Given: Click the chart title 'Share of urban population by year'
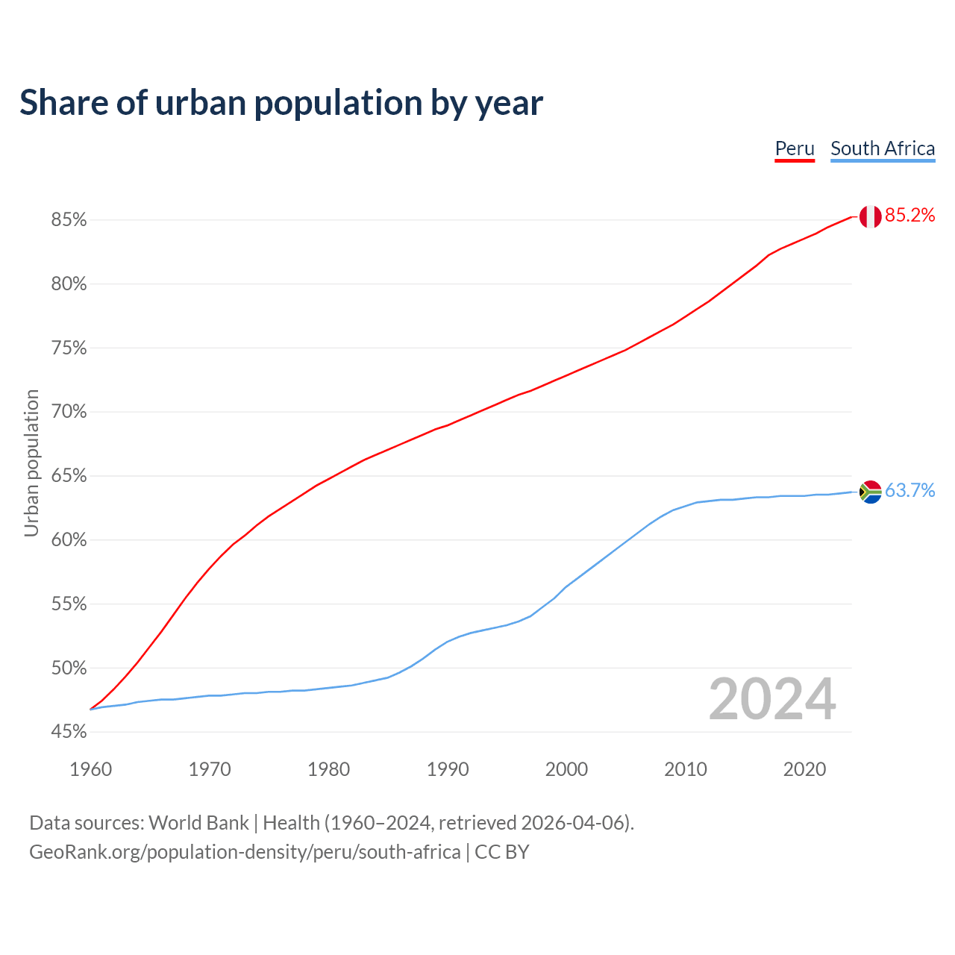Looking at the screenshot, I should pos(281,103).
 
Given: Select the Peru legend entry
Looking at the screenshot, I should pos(795,148).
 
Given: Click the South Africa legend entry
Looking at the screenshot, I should pos(883,148).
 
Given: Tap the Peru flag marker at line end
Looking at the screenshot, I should pos(870,216).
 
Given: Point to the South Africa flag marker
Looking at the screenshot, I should pos(870,492).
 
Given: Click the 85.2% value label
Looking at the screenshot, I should pos(909,216).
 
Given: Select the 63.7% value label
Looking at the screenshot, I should pos(909,490).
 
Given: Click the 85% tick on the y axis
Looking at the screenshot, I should pos(69,220).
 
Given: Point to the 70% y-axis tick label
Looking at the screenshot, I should pos(69,412).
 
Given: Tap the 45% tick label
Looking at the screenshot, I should pos(69,732).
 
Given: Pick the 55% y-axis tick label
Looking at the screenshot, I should pos(69,604).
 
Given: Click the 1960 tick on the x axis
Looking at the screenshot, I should pos(91,769).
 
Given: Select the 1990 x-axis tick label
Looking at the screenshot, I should pos(448,769).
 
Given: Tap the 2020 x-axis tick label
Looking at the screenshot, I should pos(804,769).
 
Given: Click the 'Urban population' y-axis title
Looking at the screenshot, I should pos(31,463).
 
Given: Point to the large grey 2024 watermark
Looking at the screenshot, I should pos(772,700).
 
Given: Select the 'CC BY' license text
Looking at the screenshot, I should pos(502,852).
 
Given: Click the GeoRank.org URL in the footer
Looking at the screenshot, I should pos(245,852).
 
